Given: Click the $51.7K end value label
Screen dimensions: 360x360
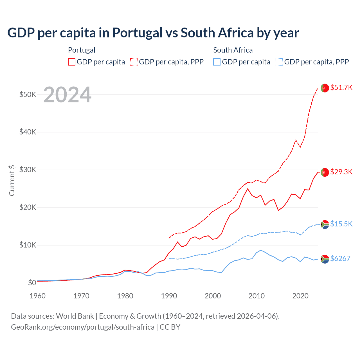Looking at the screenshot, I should click(341, 87).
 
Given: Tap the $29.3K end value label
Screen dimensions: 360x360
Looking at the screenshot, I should click(341, 172).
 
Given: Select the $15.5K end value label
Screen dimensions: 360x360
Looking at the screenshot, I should click(341, 224).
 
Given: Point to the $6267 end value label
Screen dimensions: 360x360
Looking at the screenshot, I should click(340, 258).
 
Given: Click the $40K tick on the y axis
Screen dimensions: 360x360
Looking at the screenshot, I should click(28, 132).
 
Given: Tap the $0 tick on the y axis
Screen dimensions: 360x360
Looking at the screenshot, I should click(32, 283).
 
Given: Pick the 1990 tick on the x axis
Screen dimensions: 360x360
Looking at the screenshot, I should click(169, 296).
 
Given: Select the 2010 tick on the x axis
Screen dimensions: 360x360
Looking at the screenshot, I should click(256, 296).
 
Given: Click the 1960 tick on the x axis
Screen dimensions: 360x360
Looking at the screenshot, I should click(38, 296).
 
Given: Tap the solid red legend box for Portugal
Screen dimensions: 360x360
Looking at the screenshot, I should click(72, 62).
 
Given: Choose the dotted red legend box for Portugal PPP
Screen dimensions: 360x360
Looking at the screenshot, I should click(134, 62).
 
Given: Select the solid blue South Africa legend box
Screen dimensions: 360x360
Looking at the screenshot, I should click(217, 62).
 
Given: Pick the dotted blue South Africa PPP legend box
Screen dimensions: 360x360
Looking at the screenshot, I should click(279, 62).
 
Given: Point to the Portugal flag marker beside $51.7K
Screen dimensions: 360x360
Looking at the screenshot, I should click(325, 88).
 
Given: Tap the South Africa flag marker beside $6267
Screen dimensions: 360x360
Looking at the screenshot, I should click(325, 259).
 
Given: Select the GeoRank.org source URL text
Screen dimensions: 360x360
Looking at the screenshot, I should click(82, 327).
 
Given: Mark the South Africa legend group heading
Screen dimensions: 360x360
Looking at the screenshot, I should click(233, 50).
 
